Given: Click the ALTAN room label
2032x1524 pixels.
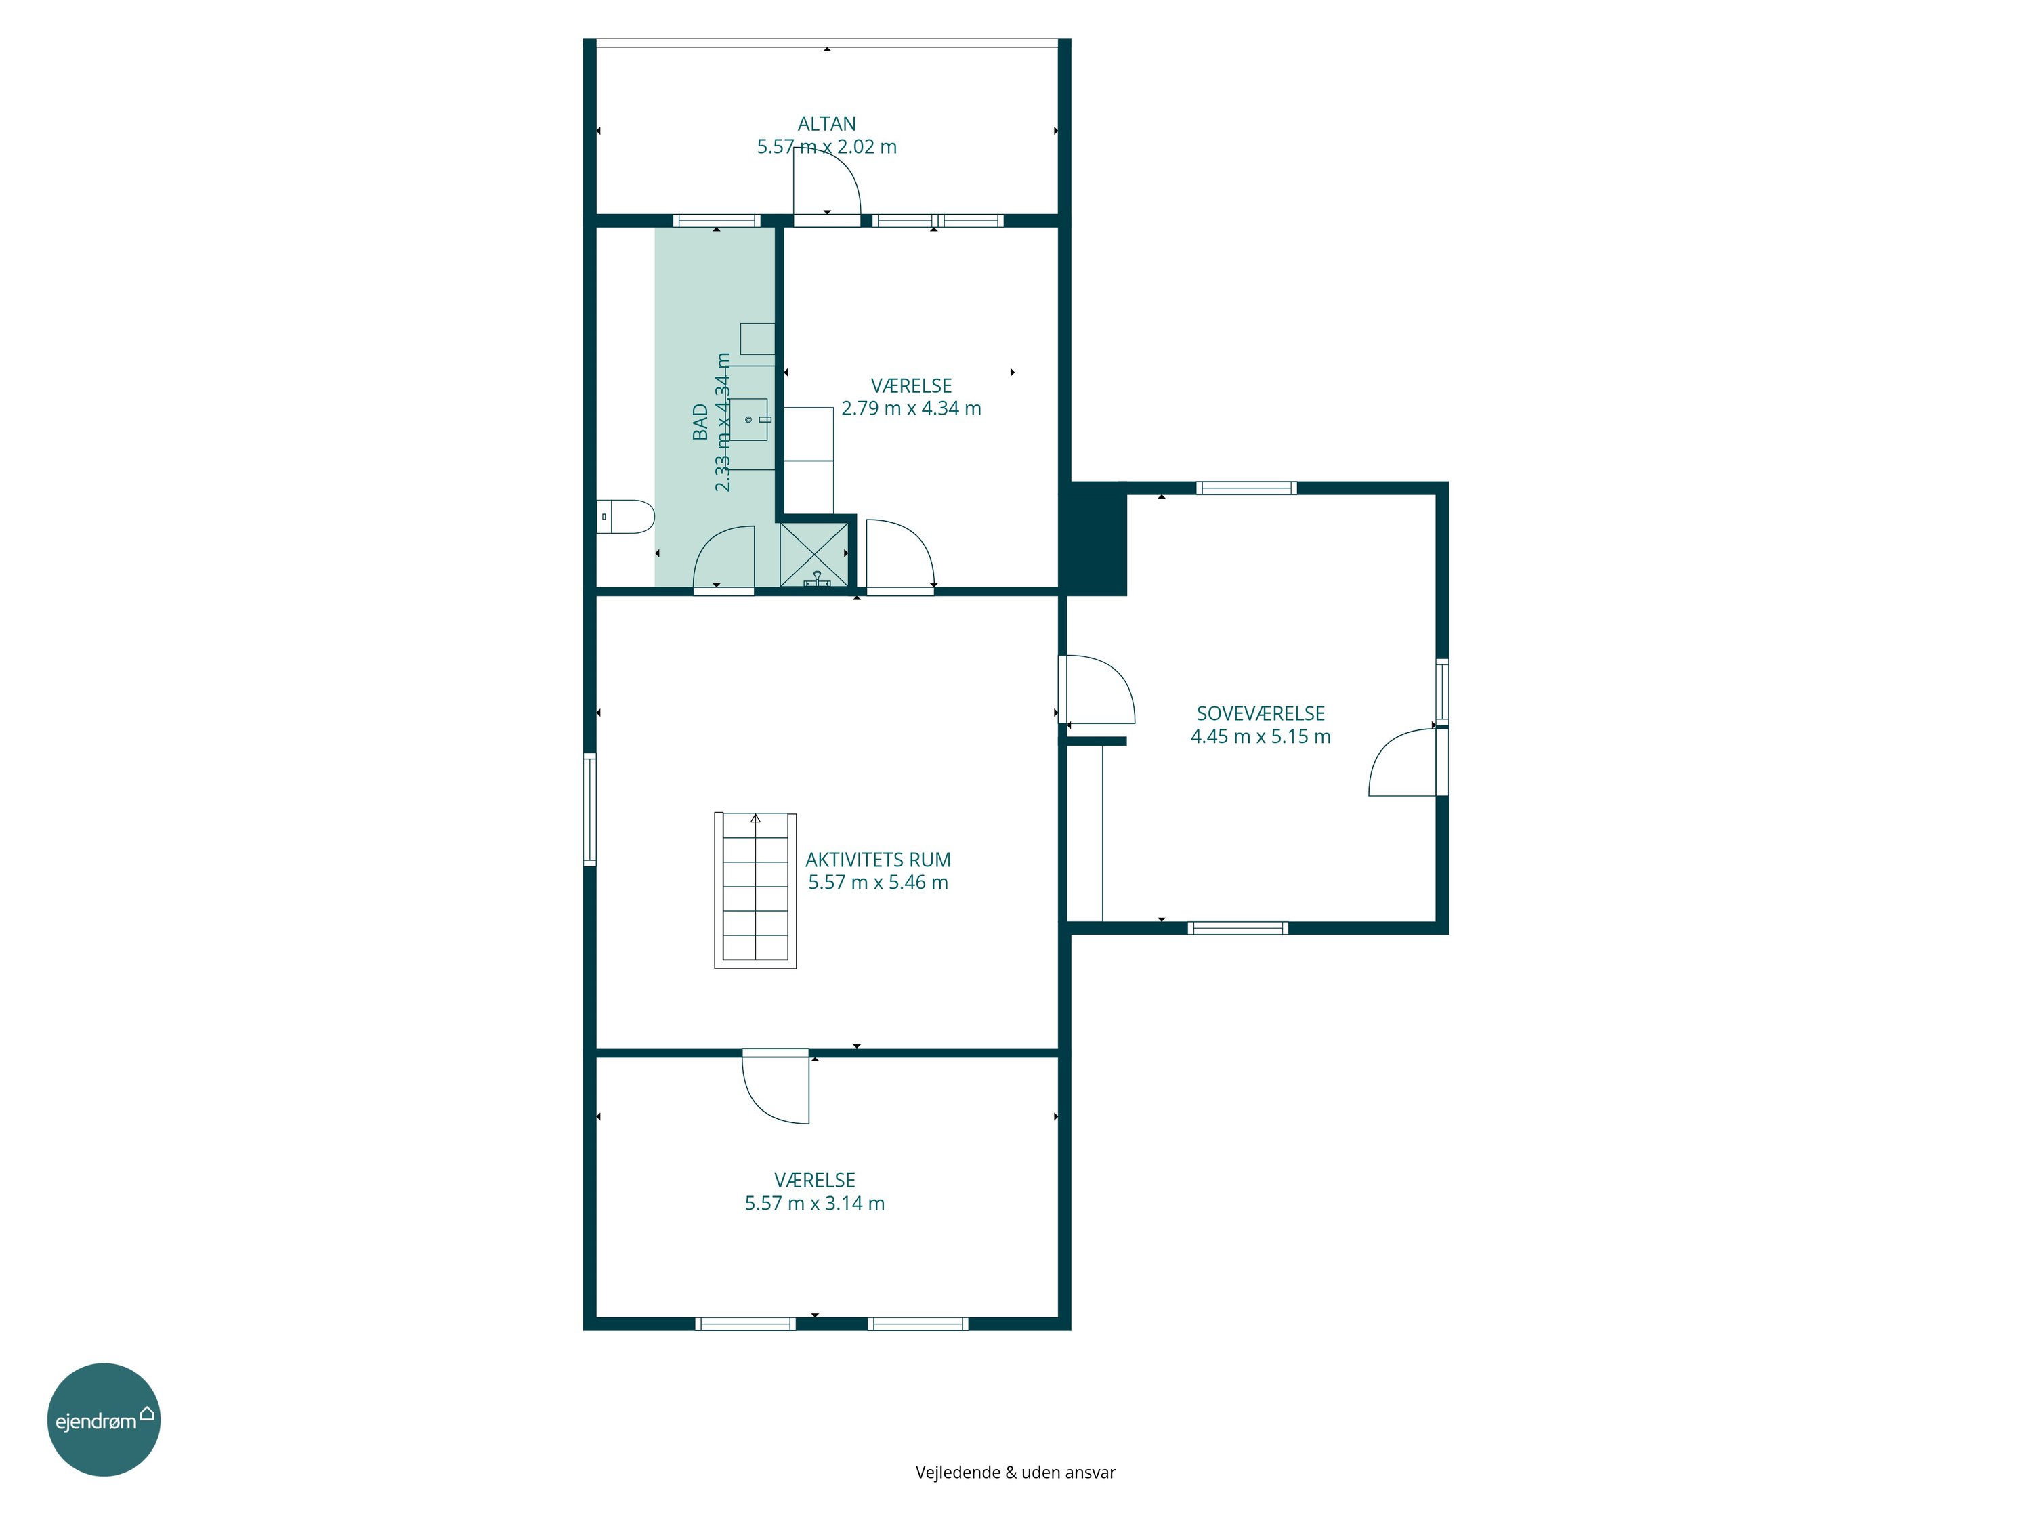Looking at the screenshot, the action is tap(827, 123).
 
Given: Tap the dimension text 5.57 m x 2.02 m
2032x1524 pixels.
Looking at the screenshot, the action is tap(827, 147).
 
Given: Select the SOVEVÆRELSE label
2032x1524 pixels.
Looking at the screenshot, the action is tap(1261, 713).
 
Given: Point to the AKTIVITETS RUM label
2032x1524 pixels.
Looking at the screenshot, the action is tap(879, 860).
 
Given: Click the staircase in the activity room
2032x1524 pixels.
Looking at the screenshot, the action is tap(755, 890).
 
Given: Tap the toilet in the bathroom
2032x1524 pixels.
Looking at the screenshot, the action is tap(626, 516).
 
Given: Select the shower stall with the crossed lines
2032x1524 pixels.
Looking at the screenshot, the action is tap(815, 554).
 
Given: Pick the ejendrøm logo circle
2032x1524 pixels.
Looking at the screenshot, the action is tap(104, 1419).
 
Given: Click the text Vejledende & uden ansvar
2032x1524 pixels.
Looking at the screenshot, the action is tap(1015, 1473).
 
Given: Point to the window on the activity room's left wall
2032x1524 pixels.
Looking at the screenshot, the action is tap(591, 809).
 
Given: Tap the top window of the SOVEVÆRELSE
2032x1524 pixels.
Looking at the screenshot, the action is tap(1246, 488).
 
